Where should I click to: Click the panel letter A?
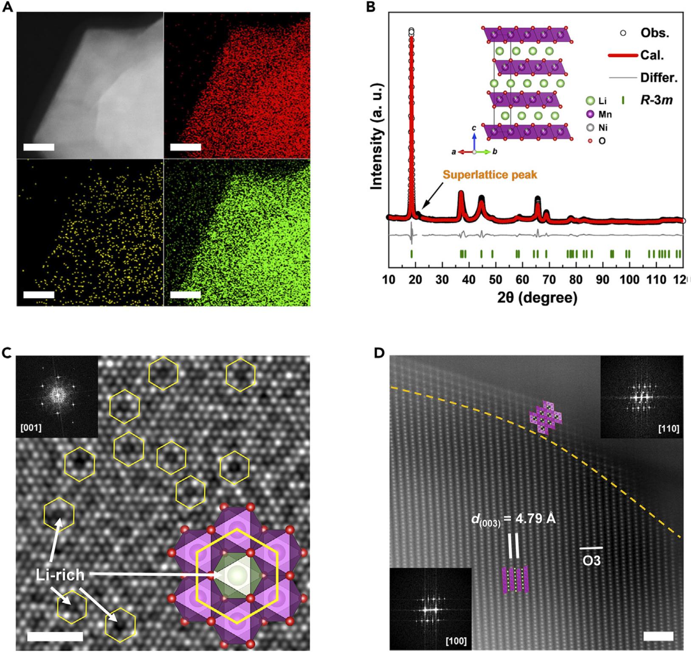coord(7,7)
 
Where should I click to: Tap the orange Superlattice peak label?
coord(490,175)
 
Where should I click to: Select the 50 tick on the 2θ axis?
coord(496,279)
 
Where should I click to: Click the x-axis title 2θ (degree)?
coord(537,297)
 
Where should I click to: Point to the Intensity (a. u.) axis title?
coord(377,136)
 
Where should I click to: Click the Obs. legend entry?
coord(654,33)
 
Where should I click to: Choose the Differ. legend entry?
coord(658,78)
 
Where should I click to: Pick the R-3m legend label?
coord(656,100)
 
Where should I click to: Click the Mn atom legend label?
coord(605,114)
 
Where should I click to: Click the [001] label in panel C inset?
coord(31,428)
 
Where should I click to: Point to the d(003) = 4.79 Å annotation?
coord(513,519)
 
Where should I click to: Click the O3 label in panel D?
coord(591,560)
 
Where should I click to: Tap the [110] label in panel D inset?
coord(668,429)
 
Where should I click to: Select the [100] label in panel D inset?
coord(456,641)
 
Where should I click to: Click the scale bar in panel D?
coord(658,636)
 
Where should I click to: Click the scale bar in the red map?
coord(185,147)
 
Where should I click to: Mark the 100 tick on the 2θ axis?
coord(629,279)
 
